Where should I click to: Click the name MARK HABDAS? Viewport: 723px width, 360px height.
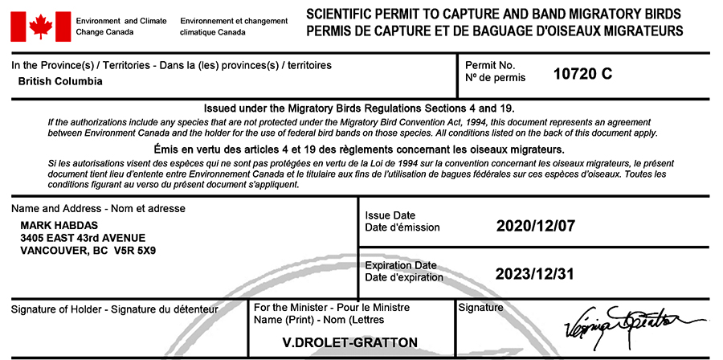click(x=55, y=226)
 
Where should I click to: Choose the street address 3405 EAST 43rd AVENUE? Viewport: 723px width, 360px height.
click(x=83, y=238)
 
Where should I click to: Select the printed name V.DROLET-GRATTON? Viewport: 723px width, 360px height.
click(x=350, y=343)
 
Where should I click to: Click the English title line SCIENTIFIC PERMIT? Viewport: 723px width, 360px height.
click(x=494, y=14)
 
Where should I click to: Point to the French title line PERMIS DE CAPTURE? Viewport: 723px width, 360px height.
click(x=494, y=31)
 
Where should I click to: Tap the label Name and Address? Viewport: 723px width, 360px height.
click(x=99, y=209)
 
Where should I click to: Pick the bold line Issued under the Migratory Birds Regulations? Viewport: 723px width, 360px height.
click(x=359, y=108)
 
